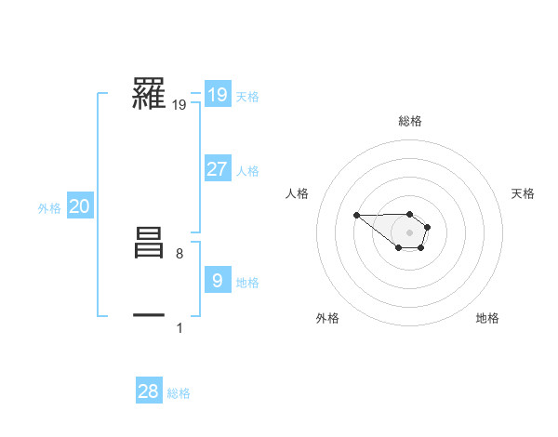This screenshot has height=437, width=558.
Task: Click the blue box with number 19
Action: [217, 94]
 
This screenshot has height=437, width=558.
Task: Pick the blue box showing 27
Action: [217, 169]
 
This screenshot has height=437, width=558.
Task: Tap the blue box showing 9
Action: [217, 281]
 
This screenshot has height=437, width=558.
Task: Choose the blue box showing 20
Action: [79, 206]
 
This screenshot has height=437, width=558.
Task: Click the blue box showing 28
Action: [149, 391]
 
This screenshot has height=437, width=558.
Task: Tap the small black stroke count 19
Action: [179, 105]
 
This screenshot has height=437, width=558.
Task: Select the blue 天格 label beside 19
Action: [247, 96]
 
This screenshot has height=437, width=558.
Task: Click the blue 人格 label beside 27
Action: [247, 171]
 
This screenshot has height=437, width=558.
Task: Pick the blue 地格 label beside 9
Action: [247, 283]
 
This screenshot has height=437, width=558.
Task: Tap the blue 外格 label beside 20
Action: [49, 208]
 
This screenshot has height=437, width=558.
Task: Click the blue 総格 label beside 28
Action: [179, 393]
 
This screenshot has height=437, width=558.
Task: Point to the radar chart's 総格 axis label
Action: [409, 121]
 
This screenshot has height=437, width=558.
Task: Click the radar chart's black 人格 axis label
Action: [298, 193]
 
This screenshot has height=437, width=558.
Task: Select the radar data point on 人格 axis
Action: [356, 215]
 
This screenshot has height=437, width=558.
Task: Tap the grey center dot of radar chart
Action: [409, 232]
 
